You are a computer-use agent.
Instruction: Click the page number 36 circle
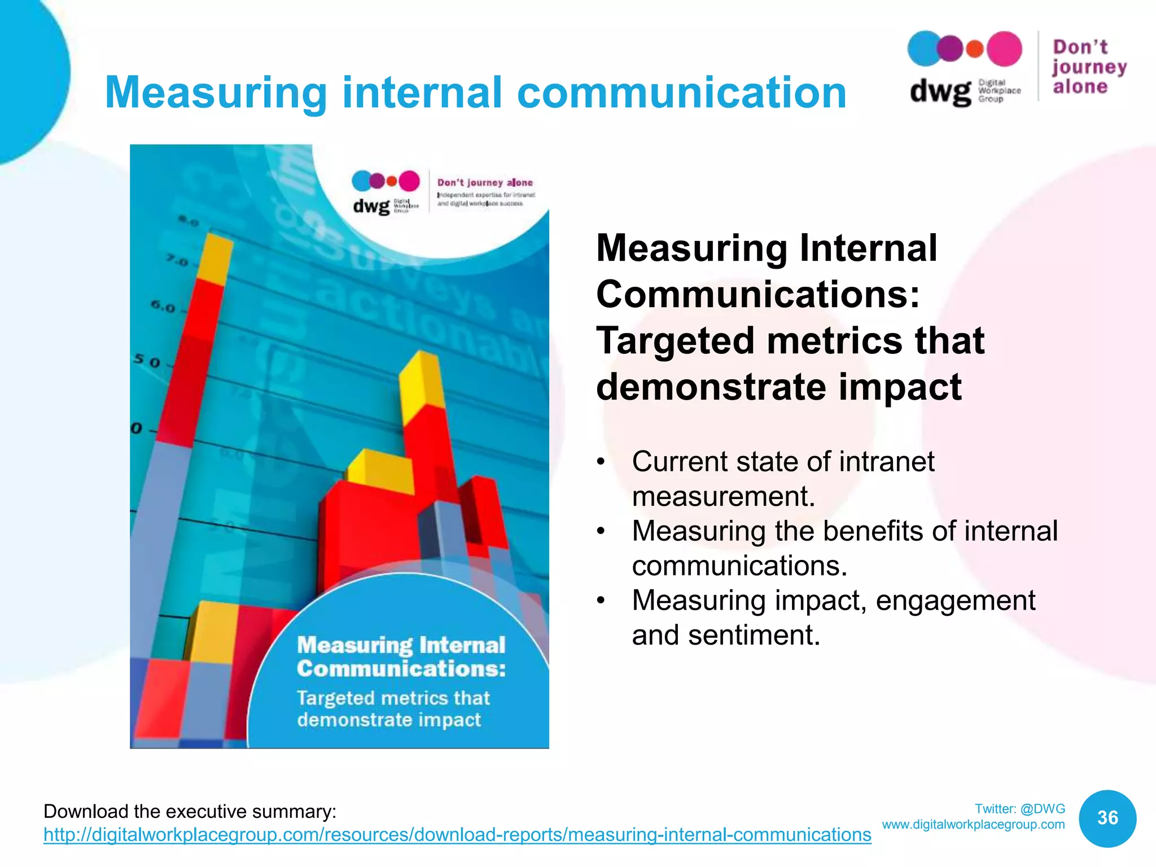point(1107,818)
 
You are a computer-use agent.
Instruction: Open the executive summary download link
point(457,835)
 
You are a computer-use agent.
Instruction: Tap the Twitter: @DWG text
point(1020,809)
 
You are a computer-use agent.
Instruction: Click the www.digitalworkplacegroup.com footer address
point(973,825)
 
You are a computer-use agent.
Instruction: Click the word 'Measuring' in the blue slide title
point(216,93)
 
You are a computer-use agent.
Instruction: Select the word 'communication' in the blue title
point(682,93)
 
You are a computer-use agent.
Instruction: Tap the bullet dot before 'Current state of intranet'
point(602,462)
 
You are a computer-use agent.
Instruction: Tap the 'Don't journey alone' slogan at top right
point(1088,67)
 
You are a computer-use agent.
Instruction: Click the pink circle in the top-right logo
point(1004,49)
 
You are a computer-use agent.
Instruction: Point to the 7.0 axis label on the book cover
point(177,261)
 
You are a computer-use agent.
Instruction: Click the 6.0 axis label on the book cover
point(163,307)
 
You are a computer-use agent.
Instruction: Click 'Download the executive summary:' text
point(190,812)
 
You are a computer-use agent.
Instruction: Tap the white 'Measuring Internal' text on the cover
point(401,645)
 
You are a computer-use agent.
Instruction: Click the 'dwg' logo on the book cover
point(371,205)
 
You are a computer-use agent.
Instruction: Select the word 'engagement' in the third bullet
point(955,601)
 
